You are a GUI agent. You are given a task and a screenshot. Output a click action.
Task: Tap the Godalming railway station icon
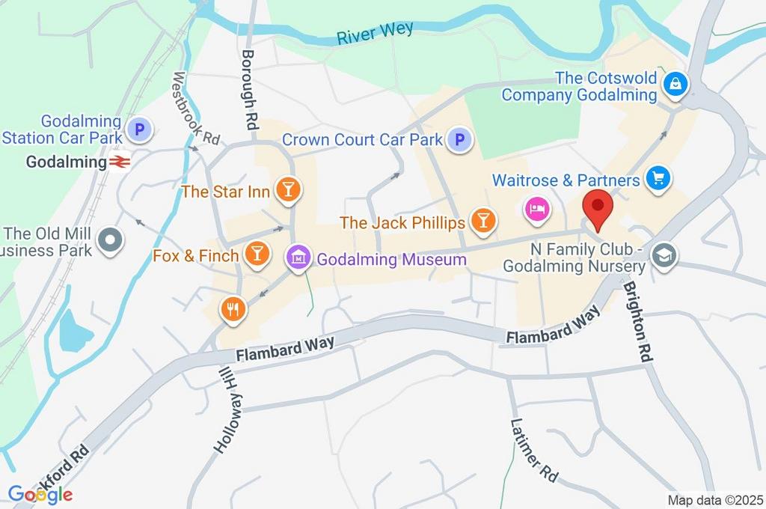(119, 162)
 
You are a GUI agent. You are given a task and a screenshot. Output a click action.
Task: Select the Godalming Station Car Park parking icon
(138, 130)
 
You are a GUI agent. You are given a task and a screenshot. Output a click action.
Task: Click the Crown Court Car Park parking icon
(459, 139)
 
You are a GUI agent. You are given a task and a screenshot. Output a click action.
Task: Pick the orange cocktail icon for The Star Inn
(288, 191)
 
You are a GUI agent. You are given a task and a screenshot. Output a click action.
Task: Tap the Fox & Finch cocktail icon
(257, 254)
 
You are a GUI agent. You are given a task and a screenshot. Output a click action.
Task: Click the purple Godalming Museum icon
(298, 258)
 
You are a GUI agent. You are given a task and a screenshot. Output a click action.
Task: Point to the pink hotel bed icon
(536, 207)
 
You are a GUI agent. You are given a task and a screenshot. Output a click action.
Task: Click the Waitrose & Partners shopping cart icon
(659, 179)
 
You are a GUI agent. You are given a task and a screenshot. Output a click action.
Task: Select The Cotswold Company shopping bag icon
(675, 85)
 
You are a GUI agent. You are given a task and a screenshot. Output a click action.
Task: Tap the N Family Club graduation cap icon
(663, 256)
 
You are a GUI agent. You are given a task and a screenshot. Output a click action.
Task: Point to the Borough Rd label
(249, 88)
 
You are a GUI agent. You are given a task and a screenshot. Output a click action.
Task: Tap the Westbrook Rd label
(195, 109)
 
